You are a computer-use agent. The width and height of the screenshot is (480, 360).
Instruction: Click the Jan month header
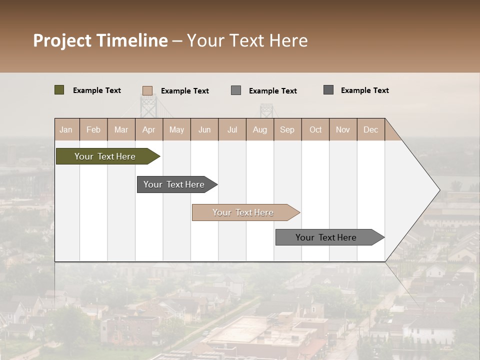[x=66, y=129]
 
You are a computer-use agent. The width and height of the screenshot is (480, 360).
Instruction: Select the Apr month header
[x=148, y=129]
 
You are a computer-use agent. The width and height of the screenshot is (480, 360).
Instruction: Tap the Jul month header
[x=232, y=129]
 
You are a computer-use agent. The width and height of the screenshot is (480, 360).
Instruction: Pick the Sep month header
[x=287, y=129]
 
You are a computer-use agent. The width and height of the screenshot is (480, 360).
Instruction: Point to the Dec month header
[x=370, y=129]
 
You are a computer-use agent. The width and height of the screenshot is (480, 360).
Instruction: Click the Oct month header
[x=315, y=129]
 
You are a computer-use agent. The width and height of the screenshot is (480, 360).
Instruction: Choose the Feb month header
[x=93, y=129]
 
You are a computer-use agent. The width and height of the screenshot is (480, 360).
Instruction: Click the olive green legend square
[x=59, y=90]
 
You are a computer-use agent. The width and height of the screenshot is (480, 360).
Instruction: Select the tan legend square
[x=147, y=90]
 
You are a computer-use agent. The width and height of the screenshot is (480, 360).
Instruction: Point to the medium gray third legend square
[x=236, y=90]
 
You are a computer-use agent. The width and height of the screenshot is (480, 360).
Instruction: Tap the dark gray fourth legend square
[x=328, y=90]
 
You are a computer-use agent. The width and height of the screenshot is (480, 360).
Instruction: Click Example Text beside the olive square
[x=97, y=90]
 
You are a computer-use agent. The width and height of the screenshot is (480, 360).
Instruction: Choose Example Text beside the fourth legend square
[x=365, y=90]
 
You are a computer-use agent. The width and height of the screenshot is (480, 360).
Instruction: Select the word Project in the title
[x=62, y=40]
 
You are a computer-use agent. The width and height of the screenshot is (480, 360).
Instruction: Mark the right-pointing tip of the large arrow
[x=438, y=190]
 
